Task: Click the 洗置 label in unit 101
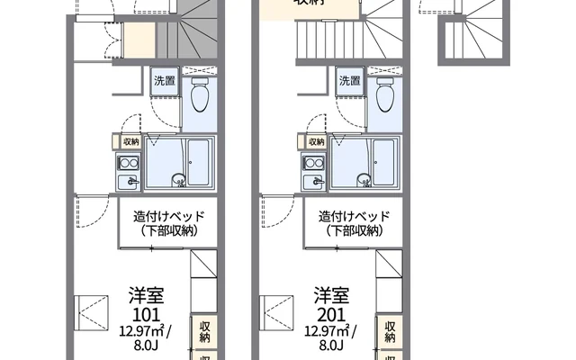[x=165, y=81]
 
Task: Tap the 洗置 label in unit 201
[x=350, y=81]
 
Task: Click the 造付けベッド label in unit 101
[x=169, y=217]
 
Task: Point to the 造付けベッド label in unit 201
[x=355, y=217]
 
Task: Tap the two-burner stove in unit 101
[x=127, y=164]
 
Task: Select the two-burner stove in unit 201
[x=313, y=164]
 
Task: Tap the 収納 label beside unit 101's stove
[x=130, y=142]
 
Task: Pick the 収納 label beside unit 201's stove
[x=317, y=142]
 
